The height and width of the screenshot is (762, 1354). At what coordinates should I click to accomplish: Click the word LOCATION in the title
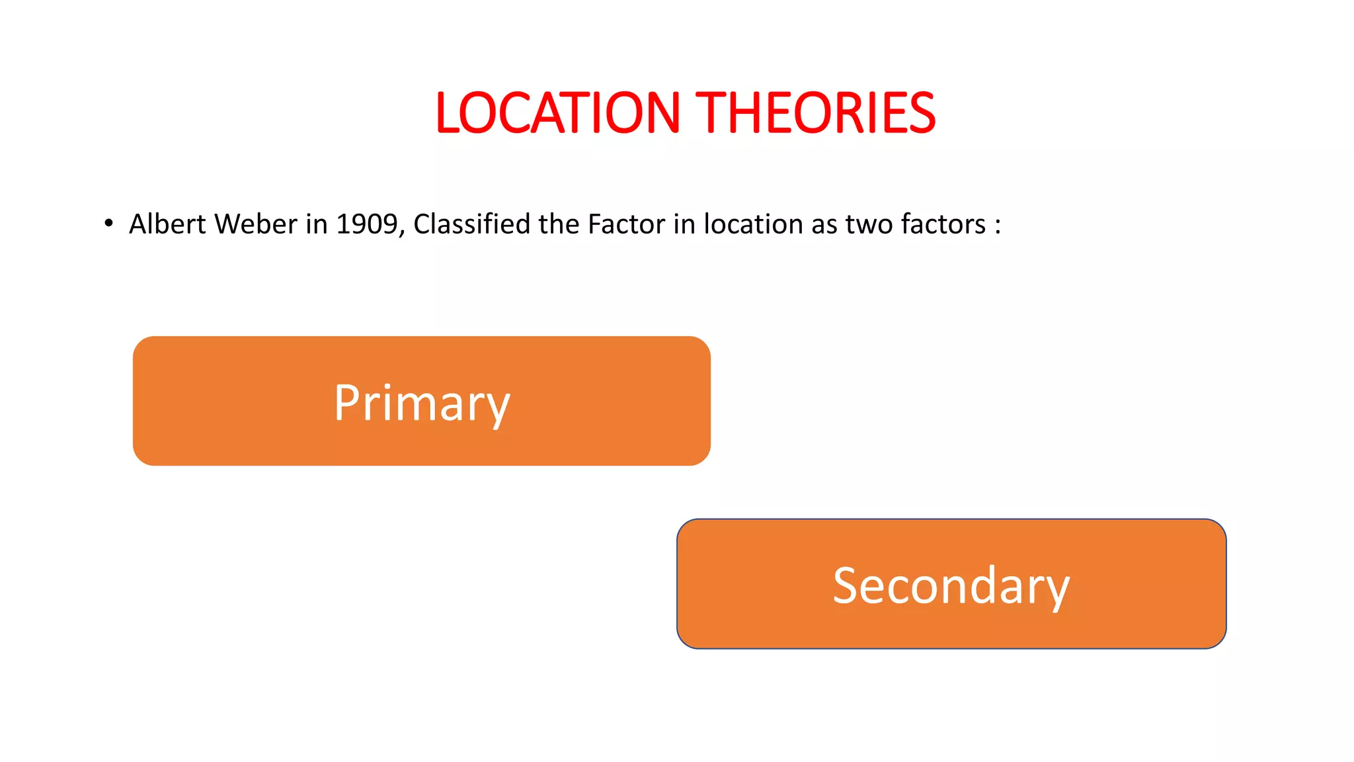coord(557,113)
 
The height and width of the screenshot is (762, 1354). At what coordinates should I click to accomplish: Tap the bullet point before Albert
coord(108,223)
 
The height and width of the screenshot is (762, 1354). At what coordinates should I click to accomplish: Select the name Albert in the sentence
coord(167,224)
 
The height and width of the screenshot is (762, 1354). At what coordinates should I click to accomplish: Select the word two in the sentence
coord(869,224)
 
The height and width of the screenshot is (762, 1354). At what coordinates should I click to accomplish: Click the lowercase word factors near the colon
coord(943,224)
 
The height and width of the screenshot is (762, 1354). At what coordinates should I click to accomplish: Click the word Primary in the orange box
coord(422,403)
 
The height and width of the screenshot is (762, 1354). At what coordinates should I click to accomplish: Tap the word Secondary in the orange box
coord(951,585)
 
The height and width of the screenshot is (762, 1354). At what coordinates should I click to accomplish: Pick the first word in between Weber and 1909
coord(316,224)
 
